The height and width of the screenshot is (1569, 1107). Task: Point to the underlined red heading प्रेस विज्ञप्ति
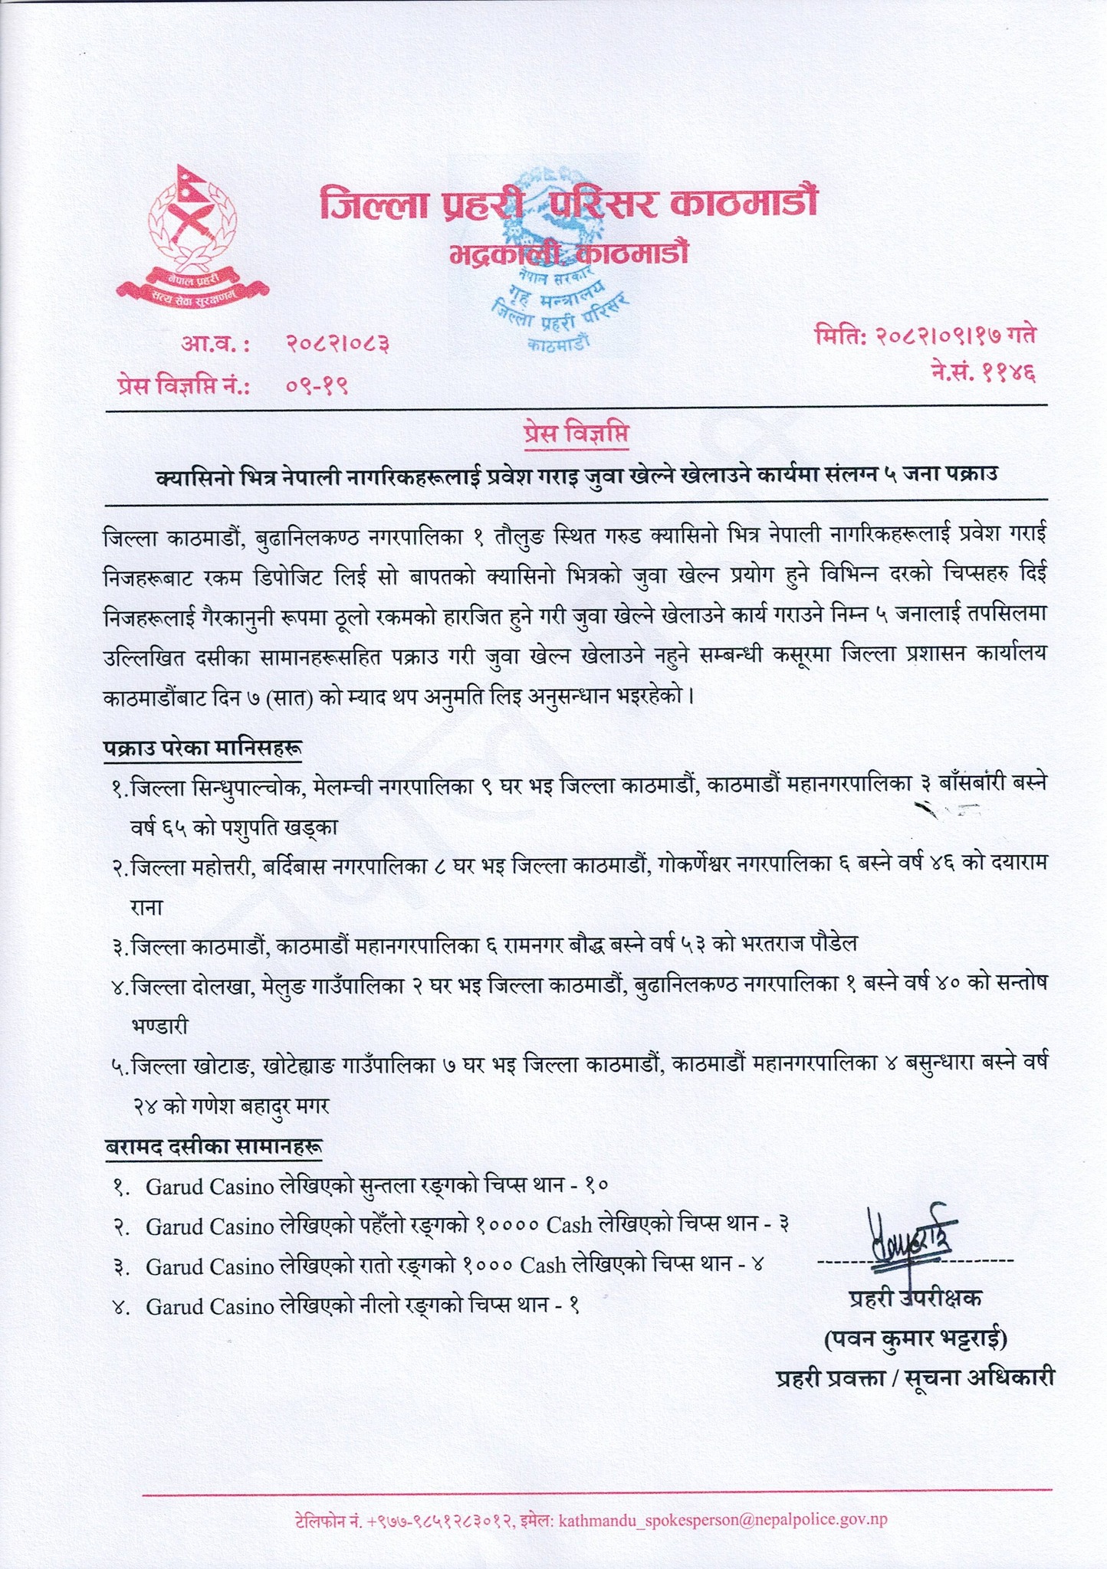click(x=574, y=434)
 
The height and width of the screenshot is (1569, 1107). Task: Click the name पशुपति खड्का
click(x=281, y=828)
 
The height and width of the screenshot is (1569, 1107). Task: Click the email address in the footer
click(x=724, y=1513)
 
